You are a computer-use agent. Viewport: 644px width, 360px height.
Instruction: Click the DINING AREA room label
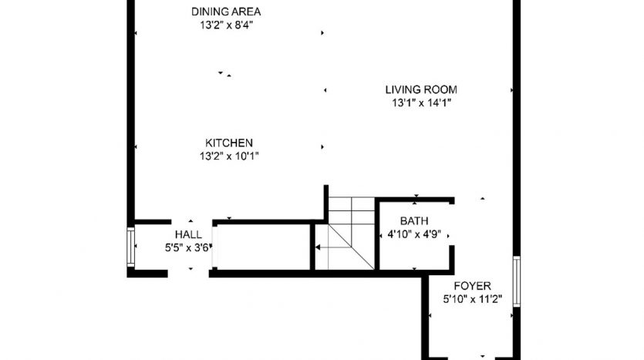click(x=226, y=12)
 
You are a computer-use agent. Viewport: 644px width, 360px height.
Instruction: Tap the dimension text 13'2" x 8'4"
click(x=226, y=25)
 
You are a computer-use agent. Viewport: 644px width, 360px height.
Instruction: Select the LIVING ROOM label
click(x=421, y=89)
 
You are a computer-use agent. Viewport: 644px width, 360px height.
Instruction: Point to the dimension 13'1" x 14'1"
click(x=421, y=103)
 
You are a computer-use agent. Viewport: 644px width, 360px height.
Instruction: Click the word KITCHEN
click(x=229, y=143)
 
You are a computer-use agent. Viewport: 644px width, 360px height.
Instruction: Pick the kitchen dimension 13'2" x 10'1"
click(x=229, y=156)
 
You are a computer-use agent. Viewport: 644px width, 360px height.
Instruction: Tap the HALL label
click(x=188, y=234)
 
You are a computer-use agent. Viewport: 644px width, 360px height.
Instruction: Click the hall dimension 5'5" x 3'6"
click(x=187, y=248)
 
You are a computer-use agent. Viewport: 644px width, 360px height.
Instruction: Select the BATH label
click(x=414, y=220)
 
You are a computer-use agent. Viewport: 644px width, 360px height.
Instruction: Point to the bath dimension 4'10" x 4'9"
click(x=414, y=234)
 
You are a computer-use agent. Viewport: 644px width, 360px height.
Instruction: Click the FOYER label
click(x=472, y=286)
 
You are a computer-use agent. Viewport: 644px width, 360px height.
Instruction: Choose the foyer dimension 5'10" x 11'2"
click(x=472, y=299)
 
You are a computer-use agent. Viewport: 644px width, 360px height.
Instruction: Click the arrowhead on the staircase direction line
click(x=318, y=247)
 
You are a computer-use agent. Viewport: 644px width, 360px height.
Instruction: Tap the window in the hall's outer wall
click(x=130, y=247)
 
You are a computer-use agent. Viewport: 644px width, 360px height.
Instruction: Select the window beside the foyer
click(x=517, y=281)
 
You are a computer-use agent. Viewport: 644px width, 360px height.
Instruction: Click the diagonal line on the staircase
click(x=351, y=247)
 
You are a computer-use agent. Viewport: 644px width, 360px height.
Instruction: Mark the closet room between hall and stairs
click(x=264, y=247)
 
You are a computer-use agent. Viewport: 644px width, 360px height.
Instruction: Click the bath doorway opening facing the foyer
click(x=452, y=225)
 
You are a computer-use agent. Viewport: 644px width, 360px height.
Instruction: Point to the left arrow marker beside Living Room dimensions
click(x=325, y=90)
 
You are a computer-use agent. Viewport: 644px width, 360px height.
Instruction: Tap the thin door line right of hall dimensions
click(x=212, y=247)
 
